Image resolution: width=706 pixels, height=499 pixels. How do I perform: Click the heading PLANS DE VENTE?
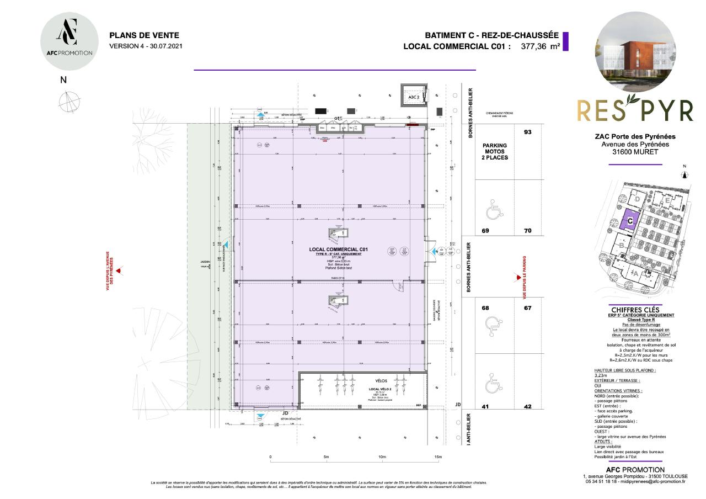144,35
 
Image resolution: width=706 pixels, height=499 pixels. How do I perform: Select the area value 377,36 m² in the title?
541,47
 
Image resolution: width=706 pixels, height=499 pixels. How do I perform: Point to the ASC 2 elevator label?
413,97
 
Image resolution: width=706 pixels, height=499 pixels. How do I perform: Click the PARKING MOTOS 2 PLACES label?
495,151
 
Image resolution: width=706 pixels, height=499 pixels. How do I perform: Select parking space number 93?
527,132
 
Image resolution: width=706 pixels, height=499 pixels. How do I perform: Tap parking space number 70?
527,231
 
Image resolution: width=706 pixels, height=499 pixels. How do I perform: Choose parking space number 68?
485,308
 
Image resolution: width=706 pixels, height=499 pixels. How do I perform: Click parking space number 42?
527,407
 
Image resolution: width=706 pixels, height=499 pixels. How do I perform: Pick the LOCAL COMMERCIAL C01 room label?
338,250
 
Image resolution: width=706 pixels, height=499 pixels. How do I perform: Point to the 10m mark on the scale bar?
382,457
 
